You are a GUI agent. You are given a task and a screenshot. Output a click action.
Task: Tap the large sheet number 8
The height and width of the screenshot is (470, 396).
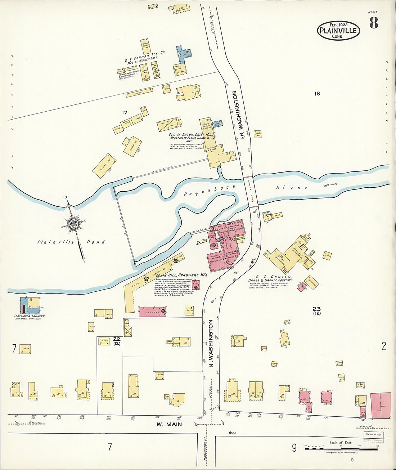pyautogui.click(x=373, y=23)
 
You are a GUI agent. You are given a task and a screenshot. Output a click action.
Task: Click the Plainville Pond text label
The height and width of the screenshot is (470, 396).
pyautogui.click(x=71, y=242)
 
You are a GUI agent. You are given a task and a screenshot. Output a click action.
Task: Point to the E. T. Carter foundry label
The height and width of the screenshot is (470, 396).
pyautogui.click(x=270, y=278)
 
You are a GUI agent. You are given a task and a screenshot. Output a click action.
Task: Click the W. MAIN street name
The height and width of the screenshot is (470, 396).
pyautogui.click(x=169, y=424)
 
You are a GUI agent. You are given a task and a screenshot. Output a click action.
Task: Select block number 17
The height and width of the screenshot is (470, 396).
pyautogui.click(x=125, y=113)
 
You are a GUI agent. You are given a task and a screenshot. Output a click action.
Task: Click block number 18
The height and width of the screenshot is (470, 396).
pyautogui.click(x=317, y=94)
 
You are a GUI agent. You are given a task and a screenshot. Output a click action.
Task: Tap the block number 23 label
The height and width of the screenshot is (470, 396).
pyautogui.click(x=316, y=309)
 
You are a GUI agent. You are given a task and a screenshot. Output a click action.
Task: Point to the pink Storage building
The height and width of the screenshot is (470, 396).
pyautogui.click(x=152, y=312)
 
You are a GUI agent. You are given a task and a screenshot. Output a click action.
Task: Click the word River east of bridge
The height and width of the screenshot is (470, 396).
pyautogui.click(x=292, y=187)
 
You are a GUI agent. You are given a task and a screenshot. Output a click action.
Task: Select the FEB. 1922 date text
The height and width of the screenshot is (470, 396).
pyautogui.click(x=338, y=25)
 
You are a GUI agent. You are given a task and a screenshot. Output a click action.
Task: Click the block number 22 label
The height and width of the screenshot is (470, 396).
pyautogui.click(x=116, y=339)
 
